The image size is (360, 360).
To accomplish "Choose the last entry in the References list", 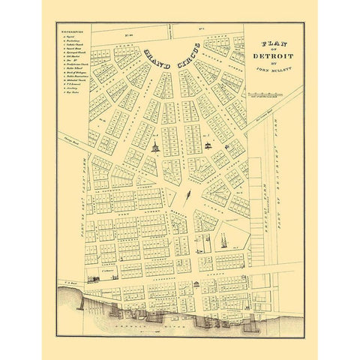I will [67, 112].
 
